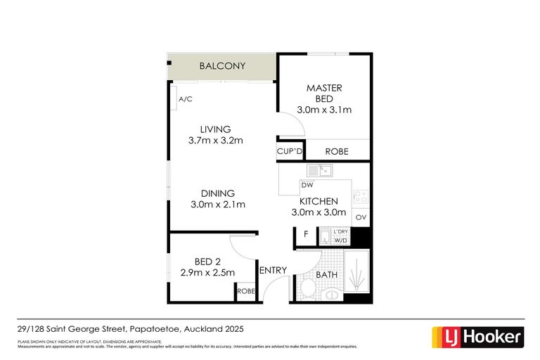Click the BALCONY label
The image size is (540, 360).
coord(222,66)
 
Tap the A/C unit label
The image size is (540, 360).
coord(185,100)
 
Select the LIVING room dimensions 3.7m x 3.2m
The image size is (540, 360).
coord(215,141)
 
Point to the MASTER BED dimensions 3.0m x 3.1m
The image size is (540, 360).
coord(324,110)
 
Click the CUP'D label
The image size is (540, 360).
coord(290,151)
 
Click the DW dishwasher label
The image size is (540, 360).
coord(307,185)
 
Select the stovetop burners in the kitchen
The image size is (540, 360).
coord(360,198)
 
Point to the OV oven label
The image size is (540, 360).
coord(361,218)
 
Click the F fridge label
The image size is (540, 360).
coord(306,234)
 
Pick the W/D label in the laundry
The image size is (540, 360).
coord(341,240)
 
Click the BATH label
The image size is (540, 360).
coord(325,274)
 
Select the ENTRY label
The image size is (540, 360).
coord(273,271)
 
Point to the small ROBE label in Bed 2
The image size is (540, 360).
coord(245,291)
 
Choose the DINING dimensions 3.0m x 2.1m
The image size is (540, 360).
coord(217,205)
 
